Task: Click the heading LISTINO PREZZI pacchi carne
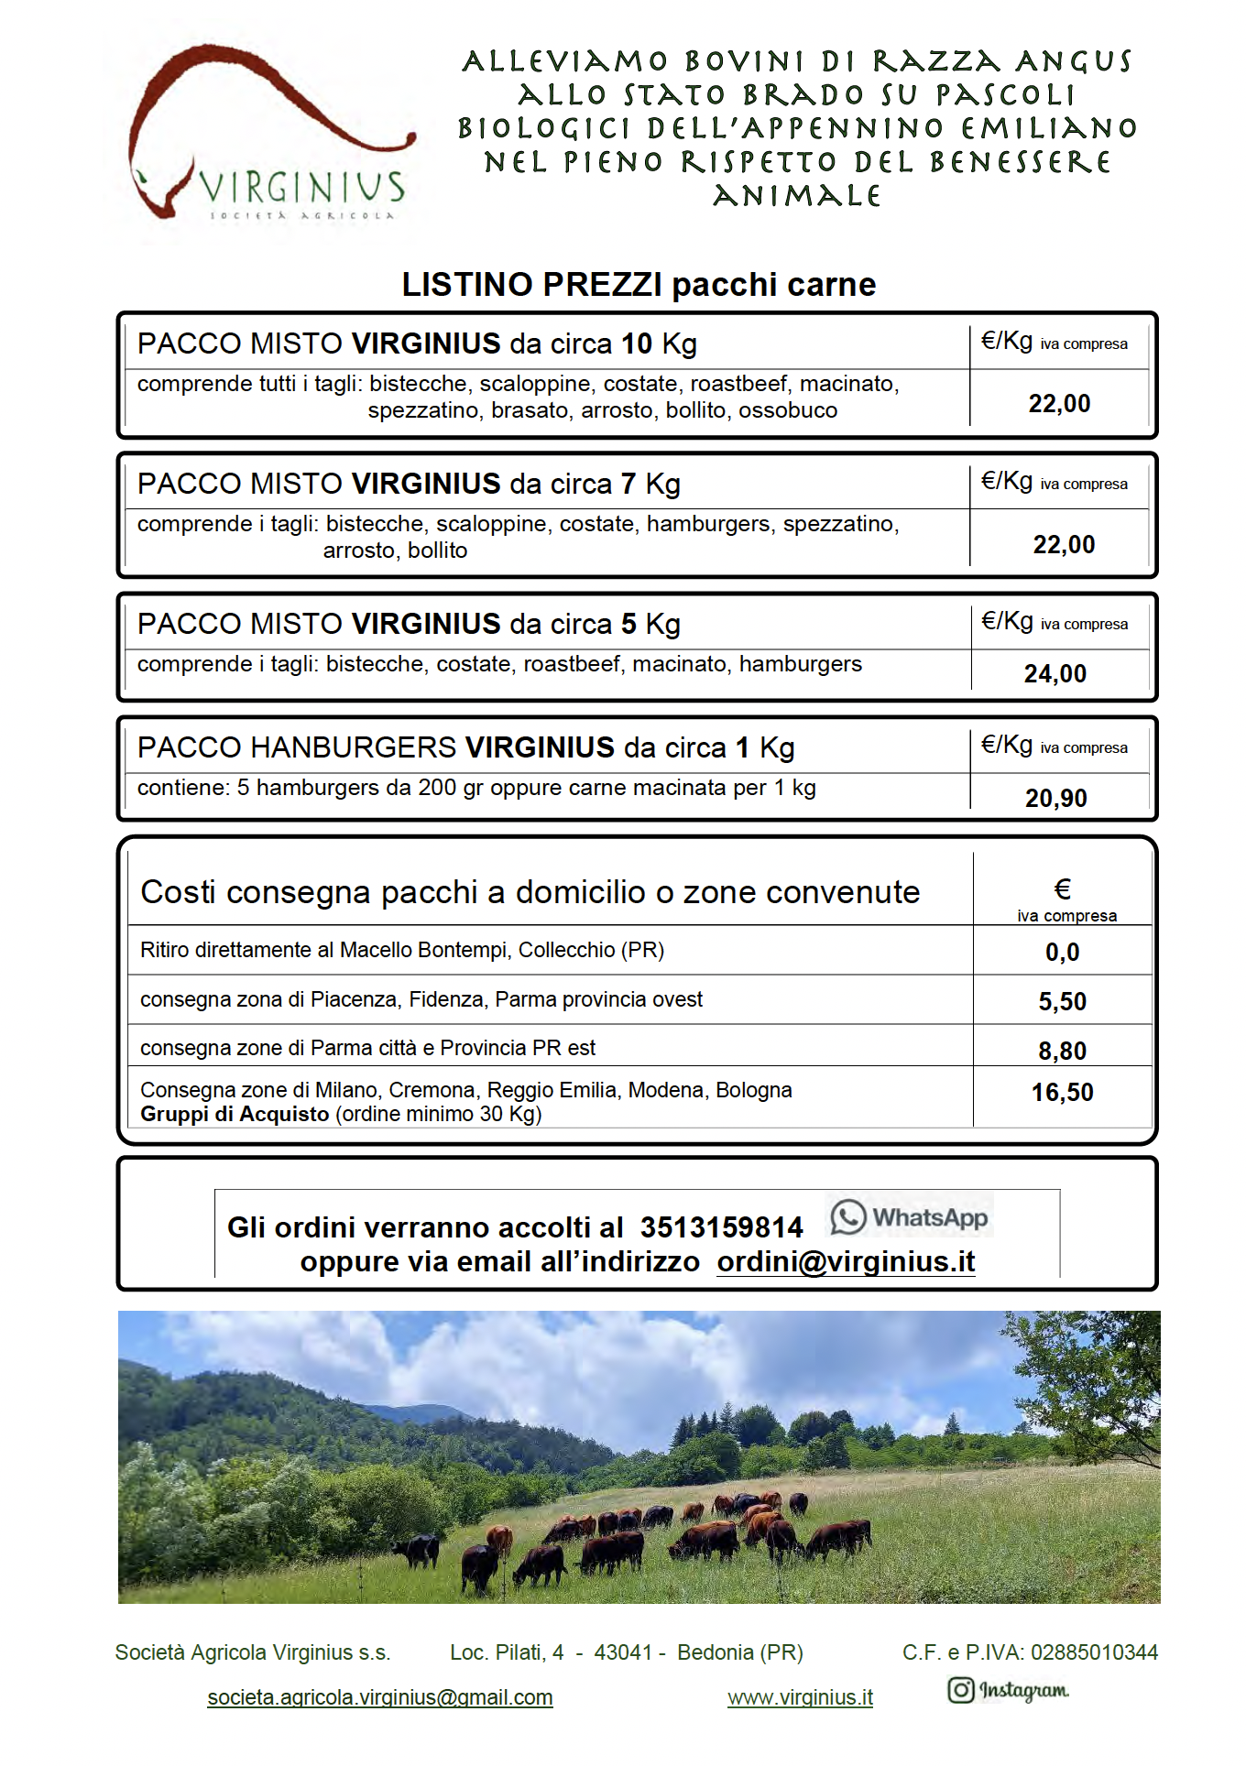click(x=639, y=285)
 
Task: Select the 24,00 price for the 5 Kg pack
click(x=1055, y=674)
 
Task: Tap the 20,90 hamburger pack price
click(x=1056, y=799)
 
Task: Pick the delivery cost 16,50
click(x=1063, y=1093)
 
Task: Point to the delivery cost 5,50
click(x=1063, y=1002)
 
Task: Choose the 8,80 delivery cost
click(x=1063, y=1052)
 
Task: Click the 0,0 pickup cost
click(x=1063, y=953)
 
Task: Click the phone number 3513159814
click(x=721, y=1227)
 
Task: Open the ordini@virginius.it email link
click(x=846, y=1262)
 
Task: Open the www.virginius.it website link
click(x=800, y=1698)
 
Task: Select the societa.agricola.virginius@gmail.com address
click(x=380, y=1698)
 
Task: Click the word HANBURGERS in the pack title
click(x=353, y=748)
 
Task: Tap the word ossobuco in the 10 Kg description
click(x=788, y=410)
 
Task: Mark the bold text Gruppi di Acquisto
click(x=235, y=1115)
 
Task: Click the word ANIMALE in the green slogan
click(x=797, y=196)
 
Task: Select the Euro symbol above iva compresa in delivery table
click(x=1063, y=889)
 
